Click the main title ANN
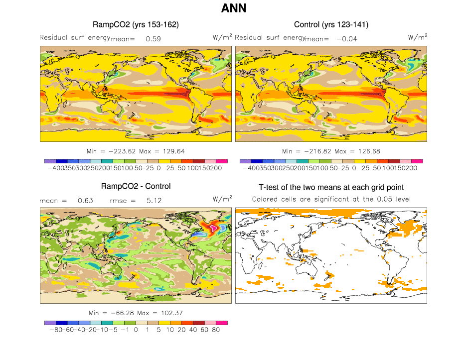pyautogui.click(x=233, y=8)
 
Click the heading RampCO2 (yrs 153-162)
pyautogui.click(x=136, y=24)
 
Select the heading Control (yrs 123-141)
pyautogui.click(x=331, y=24)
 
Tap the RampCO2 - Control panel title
pyautogui.click(x=136, y=186)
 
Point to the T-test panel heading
pyautogui.click(x=331, y=187)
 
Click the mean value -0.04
pyautogui.click(x=347, y=38)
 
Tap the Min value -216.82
pyautogui.click(x=313, y=150)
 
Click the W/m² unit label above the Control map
pyautogui.click(x=417, y=37)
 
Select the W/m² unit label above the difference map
pyautogui.click(x=222, y=199)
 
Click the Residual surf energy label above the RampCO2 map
pyautogui.click(x=75, y=37)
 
